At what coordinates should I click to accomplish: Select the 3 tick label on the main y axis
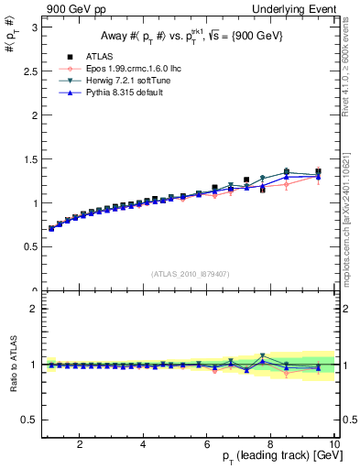[34, 27]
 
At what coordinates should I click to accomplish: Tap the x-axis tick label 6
[207, 444]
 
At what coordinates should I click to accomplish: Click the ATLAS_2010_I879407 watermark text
[190, 274]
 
